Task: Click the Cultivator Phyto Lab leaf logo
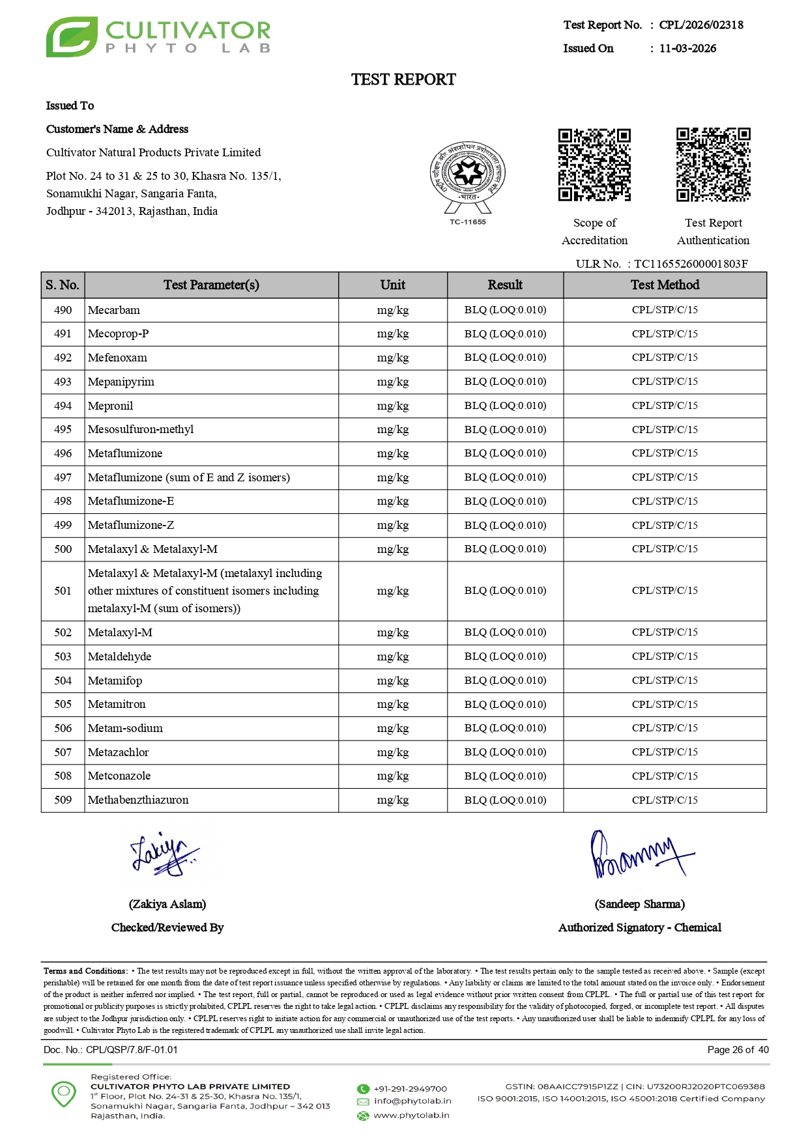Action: [72, 37]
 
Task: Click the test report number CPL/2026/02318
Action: [701, 25]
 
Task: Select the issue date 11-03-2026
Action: [687, 49]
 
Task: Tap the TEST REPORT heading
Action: [403, 79]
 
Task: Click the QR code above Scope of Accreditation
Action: [594, 165]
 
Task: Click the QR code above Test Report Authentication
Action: [713, 165]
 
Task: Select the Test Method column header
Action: [665, 285]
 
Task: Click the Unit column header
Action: [392, 285]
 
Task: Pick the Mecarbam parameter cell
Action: [114, 310]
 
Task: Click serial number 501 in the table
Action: [63, 591]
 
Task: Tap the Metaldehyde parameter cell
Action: [120, 656]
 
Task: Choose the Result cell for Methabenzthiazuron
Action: [505, 800]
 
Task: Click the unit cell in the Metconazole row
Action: [392, 776]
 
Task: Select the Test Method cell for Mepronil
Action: [665, 406]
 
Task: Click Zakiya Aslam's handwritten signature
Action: [164, 853]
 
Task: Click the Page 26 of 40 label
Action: [738, 1050]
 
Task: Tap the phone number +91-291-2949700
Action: [410, 1089]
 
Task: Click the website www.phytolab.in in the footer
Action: [411, 1116]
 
